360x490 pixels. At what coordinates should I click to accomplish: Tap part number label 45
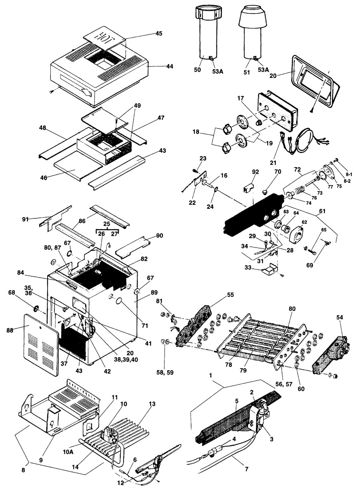[159, 34]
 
